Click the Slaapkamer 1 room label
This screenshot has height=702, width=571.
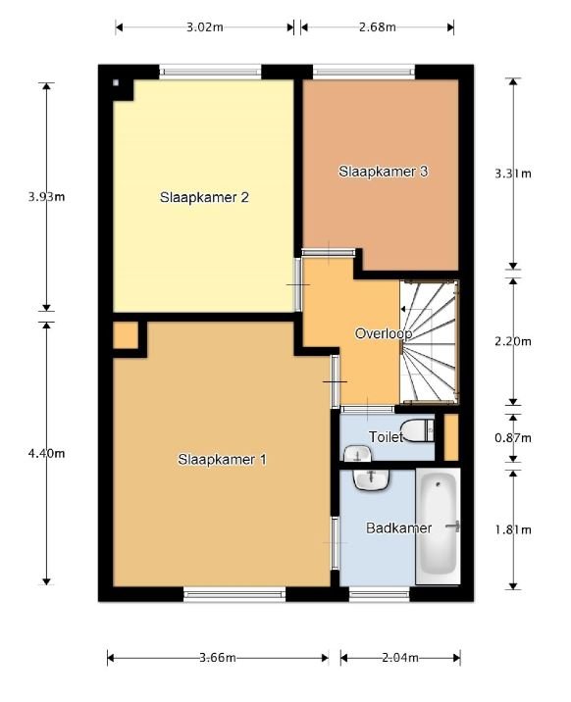point(222,459)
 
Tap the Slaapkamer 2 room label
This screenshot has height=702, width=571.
point(204,197)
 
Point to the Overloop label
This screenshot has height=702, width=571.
point(382,333)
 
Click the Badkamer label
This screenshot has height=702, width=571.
point(398,528)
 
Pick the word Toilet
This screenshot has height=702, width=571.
point(387,437)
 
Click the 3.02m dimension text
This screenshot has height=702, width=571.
point(204,27)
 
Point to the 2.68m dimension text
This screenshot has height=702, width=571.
point(377,27)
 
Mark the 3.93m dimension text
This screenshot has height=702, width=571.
point(46,196)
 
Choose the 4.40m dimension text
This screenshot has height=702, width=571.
point(46,453)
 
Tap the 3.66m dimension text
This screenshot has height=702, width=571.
point(218,658)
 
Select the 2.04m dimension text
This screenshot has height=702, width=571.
point(399,658)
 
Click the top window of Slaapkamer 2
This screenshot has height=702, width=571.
point(211,70)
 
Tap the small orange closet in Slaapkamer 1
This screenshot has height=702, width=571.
point(125,335)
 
